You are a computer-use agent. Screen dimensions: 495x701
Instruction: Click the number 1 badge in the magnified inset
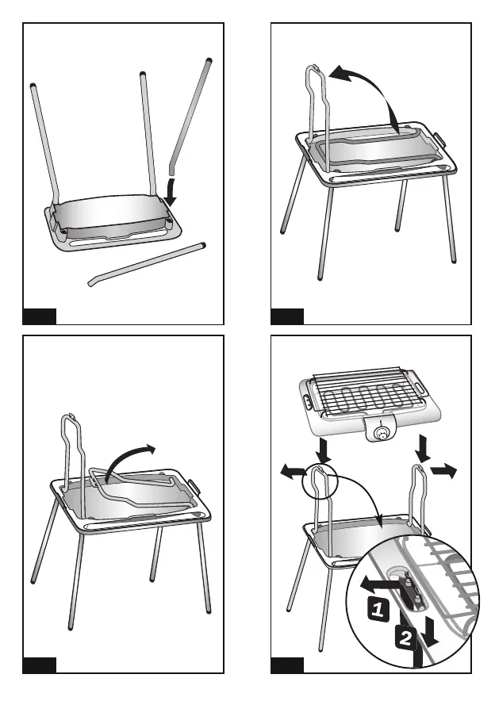coord(378,609)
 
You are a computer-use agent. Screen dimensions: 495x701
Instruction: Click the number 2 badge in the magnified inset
coord(405,638)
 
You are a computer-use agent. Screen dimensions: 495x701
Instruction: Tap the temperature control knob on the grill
coord(382,433)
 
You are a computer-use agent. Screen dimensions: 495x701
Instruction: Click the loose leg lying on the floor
coord(147,264)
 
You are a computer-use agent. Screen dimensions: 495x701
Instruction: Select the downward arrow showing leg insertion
coord(170,191)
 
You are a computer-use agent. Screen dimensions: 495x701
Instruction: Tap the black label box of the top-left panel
coord(40,316)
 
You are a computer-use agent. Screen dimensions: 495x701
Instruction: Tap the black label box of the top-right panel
coord(287,316)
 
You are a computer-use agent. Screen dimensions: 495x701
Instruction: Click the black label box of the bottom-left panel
coord(40,665)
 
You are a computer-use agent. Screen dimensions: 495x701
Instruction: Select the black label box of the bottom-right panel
coord(287,665)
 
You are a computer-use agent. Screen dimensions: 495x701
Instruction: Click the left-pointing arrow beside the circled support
coord(293,471)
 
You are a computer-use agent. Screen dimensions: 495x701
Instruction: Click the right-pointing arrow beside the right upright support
coord(443,471)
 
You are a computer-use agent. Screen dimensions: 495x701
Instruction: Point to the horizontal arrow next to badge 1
coord(380,584)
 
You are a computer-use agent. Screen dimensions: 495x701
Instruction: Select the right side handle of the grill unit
coord(419,383)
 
